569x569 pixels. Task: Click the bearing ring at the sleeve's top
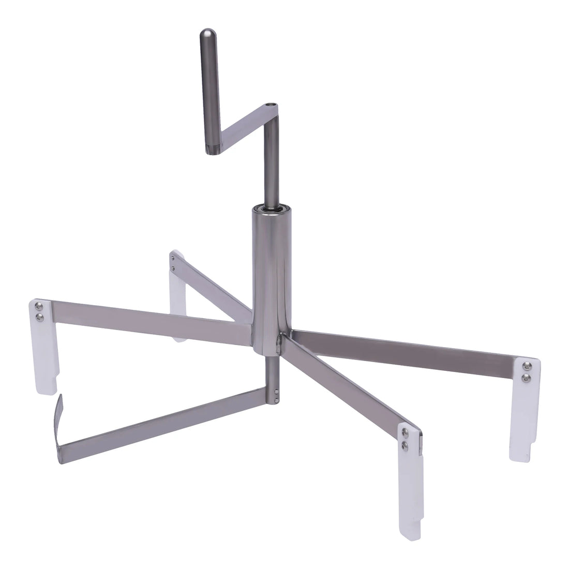(x=271, y=208)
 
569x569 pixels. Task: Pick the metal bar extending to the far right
(x=409, y=345)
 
